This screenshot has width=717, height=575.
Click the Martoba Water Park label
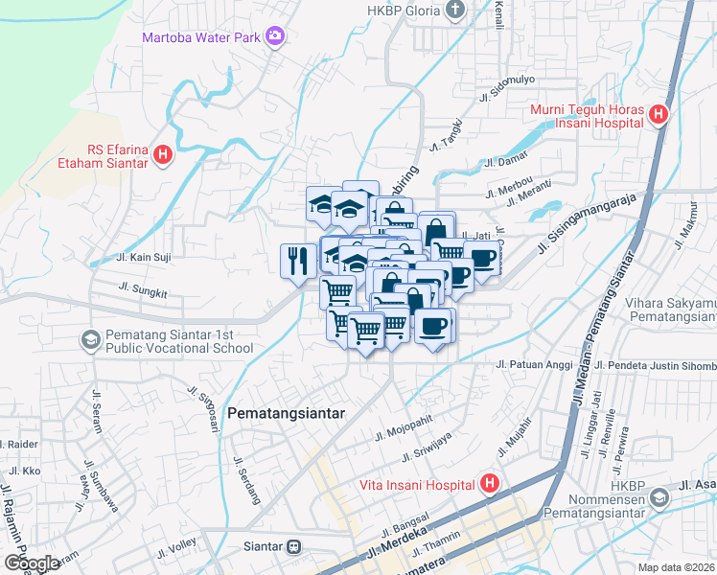[x=201, y=37]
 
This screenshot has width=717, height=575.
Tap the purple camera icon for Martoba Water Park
[x=276, y=36]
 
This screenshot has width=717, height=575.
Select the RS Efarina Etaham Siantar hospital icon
[x=163, y=153]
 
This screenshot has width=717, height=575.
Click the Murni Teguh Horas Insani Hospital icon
[x=658, y=115]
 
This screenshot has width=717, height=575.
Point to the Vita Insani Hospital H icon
[x=490, y=483]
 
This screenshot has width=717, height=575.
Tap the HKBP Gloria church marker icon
[x=455, y=11]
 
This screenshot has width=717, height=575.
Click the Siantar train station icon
[x=293, y=547]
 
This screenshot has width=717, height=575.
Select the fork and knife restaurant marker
[x=298, y=260]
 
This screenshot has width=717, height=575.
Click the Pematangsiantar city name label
[x=287, y=413]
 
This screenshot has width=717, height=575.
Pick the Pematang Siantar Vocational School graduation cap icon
[x=90, y=339]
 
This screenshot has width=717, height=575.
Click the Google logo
[x=32, y=563]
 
